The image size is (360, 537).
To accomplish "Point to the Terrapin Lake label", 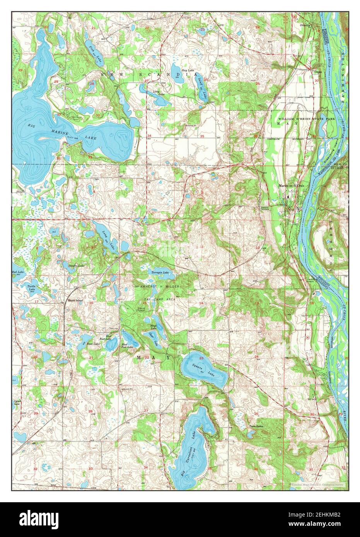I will pos(160,273).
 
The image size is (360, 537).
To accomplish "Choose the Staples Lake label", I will pos(76,266).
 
